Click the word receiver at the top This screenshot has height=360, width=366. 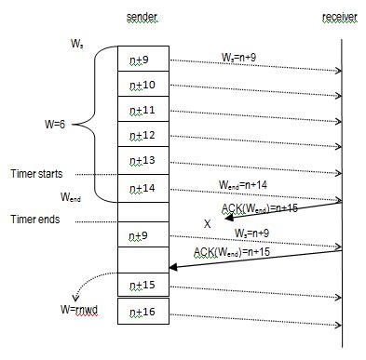340,19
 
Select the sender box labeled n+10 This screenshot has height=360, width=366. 142,85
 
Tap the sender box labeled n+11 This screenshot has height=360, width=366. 142,110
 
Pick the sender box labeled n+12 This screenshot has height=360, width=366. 142,136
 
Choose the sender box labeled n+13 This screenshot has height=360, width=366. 142,161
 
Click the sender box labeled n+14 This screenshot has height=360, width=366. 142,188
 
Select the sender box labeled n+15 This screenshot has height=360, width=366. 142,284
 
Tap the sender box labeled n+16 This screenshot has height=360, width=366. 142,310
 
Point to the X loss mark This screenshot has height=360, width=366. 208,224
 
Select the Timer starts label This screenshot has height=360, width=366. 37,173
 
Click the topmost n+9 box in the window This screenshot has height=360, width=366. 142,60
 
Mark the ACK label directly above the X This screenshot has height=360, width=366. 259,208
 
